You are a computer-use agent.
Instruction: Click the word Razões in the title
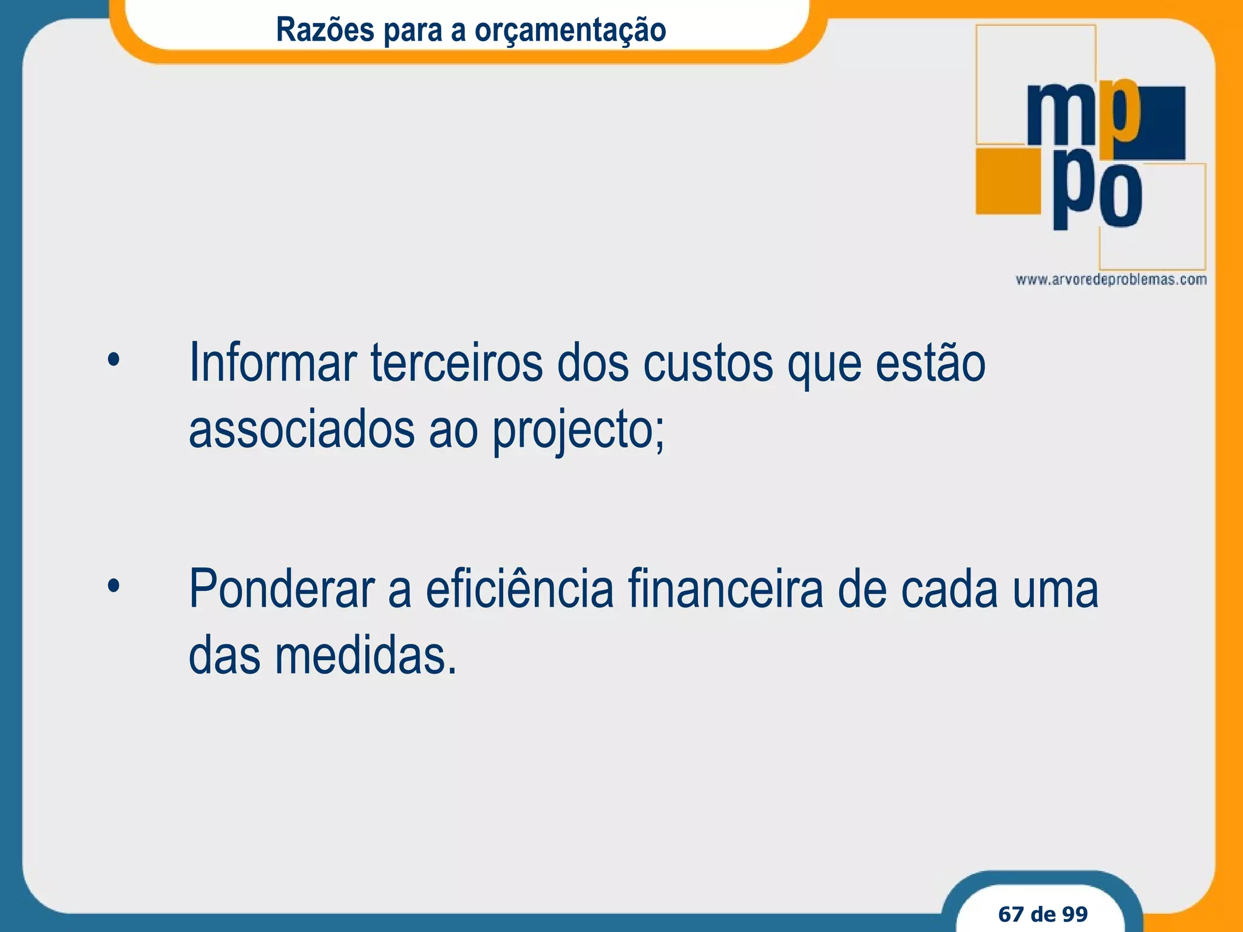click(x=325, y=29)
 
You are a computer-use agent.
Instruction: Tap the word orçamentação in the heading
click(x=570, y=30)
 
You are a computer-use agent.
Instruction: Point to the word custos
click(x=708, y=364)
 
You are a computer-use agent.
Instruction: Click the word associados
click(x=302, y=430)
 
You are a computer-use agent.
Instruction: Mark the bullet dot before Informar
click(x=113, y=360)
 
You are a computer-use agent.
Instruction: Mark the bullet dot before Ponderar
click(x=113, y=586)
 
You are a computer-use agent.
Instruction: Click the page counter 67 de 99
click(x=1043, y=914)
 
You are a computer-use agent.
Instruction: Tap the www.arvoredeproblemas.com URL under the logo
click(x=1111, y=280)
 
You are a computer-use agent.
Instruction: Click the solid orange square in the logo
click(x=1008, y=180)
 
